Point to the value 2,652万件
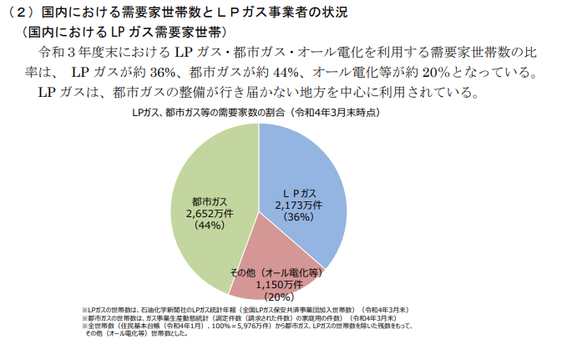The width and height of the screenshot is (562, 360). [205, 214]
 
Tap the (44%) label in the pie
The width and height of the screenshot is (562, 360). [205, 226]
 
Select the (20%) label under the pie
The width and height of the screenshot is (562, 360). [277, 297]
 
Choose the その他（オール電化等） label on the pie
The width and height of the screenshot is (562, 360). [276, 273]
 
